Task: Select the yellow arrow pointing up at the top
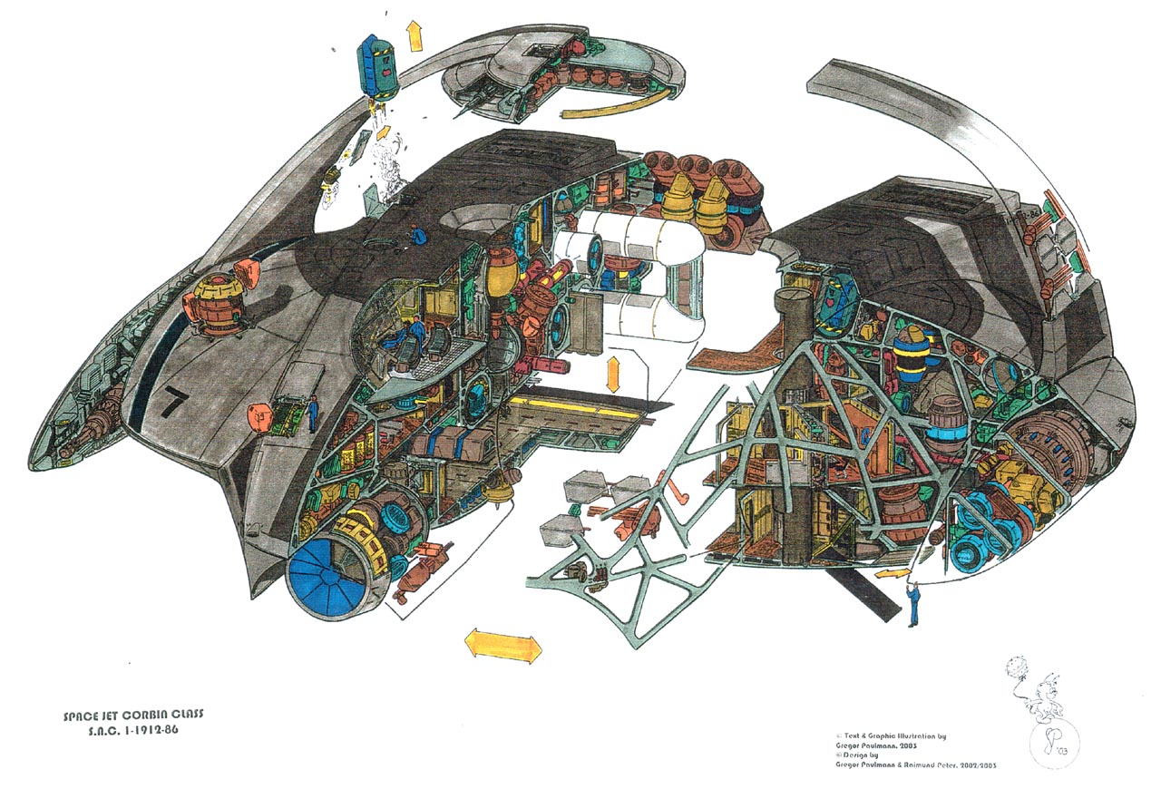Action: [415, 34]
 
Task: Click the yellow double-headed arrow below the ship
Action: [502, 645]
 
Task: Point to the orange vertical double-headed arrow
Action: [614, 374]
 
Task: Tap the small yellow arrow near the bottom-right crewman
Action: [893, 574]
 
